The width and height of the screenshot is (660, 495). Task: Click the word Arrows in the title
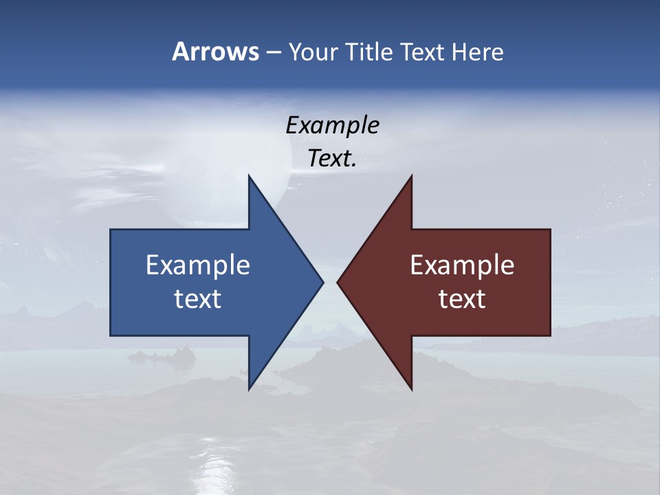tap(215, 52)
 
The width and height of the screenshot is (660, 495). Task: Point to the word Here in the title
tap(478, 52)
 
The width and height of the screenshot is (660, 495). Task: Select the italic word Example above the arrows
tap(332, 125)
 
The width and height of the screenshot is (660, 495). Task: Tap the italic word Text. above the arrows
tap(332, 158)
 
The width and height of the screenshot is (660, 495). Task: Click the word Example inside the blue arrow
tap(198, 265)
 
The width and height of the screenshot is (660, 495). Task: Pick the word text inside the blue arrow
tap(198, 299)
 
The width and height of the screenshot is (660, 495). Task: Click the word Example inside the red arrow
tap(462, 265)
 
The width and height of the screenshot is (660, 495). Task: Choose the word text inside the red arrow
tap(462, 299)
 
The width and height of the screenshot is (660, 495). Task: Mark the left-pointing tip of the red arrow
tap(338, 282)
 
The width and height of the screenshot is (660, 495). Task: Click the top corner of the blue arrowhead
tap(250, 177)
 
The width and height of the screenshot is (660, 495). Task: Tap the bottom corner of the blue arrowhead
tap(250, 388)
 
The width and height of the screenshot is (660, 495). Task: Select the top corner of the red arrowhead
tap(411, 177)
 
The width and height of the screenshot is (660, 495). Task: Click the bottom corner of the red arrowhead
tap(411, 388)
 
